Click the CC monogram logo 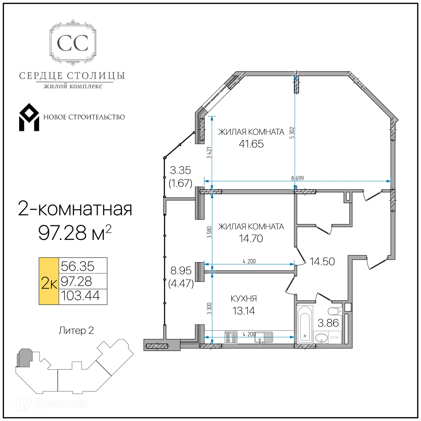pos(73,43)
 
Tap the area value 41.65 pos(251,144)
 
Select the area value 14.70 pos(251,238)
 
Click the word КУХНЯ pos(244,298)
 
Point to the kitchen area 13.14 pos(243,311)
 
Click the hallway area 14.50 pos(322,262)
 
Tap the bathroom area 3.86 pos(328,323)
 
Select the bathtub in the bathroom pos(305,324)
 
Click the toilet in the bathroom pos(334,312)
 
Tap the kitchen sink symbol pos(264,337)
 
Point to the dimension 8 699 pos(297,178)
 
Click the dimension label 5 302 pos(292,133)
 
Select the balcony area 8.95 pos(181,270)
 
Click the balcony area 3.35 pos(180,170)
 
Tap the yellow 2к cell pos(49,281)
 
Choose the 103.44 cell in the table pos(81,296)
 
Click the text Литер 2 pos(76,330)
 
